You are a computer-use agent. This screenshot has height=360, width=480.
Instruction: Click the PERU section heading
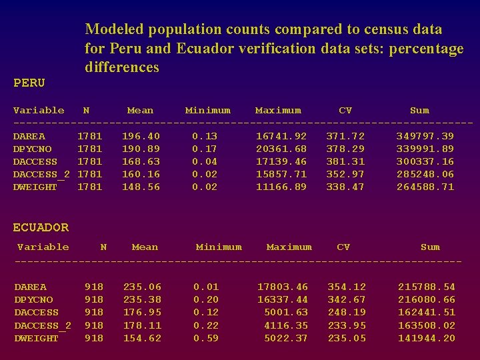tap(29, 83)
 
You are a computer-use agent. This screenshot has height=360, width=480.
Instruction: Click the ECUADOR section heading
tap(41, 228)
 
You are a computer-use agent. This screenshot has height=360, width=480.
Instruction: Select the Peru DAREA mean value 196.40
tap(141, 136)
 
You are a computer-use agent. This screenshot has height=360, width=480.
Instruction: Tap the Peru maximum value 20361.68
tap(281, 149)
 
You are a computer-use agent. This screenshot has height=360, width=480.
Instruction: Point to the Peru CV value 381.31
tap(345, 161)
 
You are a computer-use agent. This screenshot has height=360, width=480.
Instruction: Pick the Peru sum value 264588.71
tap(425, 187)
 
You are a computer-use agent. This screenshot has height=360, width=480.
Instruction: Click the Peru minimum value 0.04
tap(205, 161)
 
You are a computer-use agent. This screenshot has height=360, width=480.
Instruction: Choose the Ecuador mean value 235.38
tap(142, 299)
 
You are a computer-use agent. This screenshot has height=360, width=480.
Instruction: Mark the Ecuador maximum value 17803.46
tap(283, 287)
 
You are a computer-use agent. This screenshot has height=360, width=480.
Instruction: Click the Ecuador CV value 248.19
tap(346, 312)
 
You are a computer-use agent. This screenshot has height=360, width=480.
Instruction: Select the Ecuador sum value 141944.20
tap(426, 338)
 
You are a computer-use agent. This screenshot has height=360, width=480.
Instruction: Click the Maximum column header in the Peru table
tap(278, 111)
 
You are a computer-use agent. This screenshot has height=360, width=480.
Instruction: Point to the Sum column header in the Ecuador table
tap(430, 247)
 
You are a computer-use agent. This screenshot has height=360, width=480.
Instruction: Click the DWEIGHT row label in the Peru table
tap(35, 187)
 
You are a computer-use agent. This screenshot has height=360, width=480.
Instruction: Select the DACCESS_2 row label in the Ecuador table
tap(43, 325)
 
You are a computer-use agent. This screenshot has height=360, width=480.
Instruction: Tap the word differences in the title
tap(122, 67)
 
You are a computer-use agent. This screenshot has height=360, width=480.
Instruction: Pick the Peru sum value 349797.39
tap(425, 136)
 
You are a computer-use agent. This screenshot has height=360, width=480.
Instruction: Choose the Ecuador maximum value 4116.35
tap(286, 325)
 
